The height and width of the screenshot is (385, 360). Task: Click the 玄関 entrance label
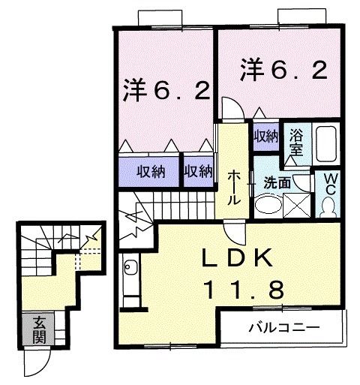pyautogui.click(x=37, y=330)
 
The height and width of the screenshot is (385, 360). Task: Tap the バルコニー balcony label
pyautogui.click(x=284, y=327)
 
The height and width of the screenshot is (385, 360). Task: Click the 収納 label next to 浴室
pyautogui.click(x=265, y=136)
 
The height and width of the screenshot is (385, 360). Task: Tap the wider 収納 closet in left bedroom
pyautogui.click(x=150, y=171)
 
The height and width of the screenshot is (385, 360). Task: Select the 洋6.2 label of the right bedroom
pyautogui.click(x=283, y=72)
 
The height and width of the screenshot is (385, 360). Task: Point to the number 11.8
pyautogui.click(x=244, y=289)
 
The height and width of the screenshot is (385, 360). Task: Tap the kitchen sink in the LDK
pyautogui.click(x=130, y=267)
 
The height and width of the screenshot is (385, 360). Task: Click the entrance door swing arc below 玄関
pyautogui.click(x=34, y=364)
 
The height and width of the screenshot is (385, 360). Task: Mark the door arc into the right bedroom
pyautogui.click(x=232, y=108)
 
